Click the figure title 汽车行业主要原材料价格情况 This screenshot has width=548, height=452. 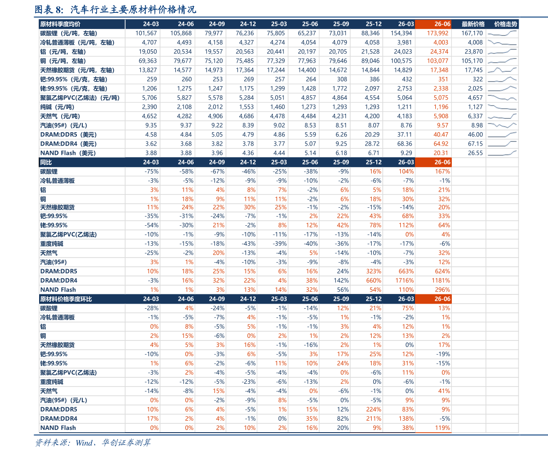pos(133,10)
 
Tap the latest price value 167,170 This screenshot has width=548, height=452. pos(472,33)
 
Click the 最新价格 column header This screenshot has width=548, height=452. pos(473,24)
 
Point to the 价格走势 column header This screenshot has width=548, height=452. pos(505,24)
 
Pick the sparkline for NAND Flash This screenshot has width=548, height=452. pos(502,153)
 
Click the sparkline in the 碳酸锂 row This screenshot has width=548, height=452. pos(502,33)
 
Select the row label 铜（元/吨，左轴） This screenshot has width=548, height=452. pos(63,61)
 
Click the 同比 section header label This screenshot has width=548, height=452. pos(46,162)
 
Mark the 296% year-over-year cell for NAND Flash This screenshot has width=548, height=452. pos(443,290)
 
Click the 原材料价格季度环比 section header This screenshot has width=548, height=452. pos(66,299)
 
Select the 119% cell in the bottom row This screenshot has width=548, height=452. pos(443,428)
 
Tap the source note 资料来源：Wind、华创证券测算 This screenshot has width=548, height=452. pos(92,443)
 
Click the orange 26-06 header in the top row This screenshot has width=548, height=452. pos(443,24)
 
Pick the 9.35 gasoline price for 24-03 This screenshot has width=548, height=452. pos(151,125)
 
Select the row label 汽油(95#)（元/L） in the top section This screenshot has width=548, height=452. pos(63,125)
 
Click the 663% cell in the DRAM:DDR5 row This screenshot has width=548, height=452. pos(406,271)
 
